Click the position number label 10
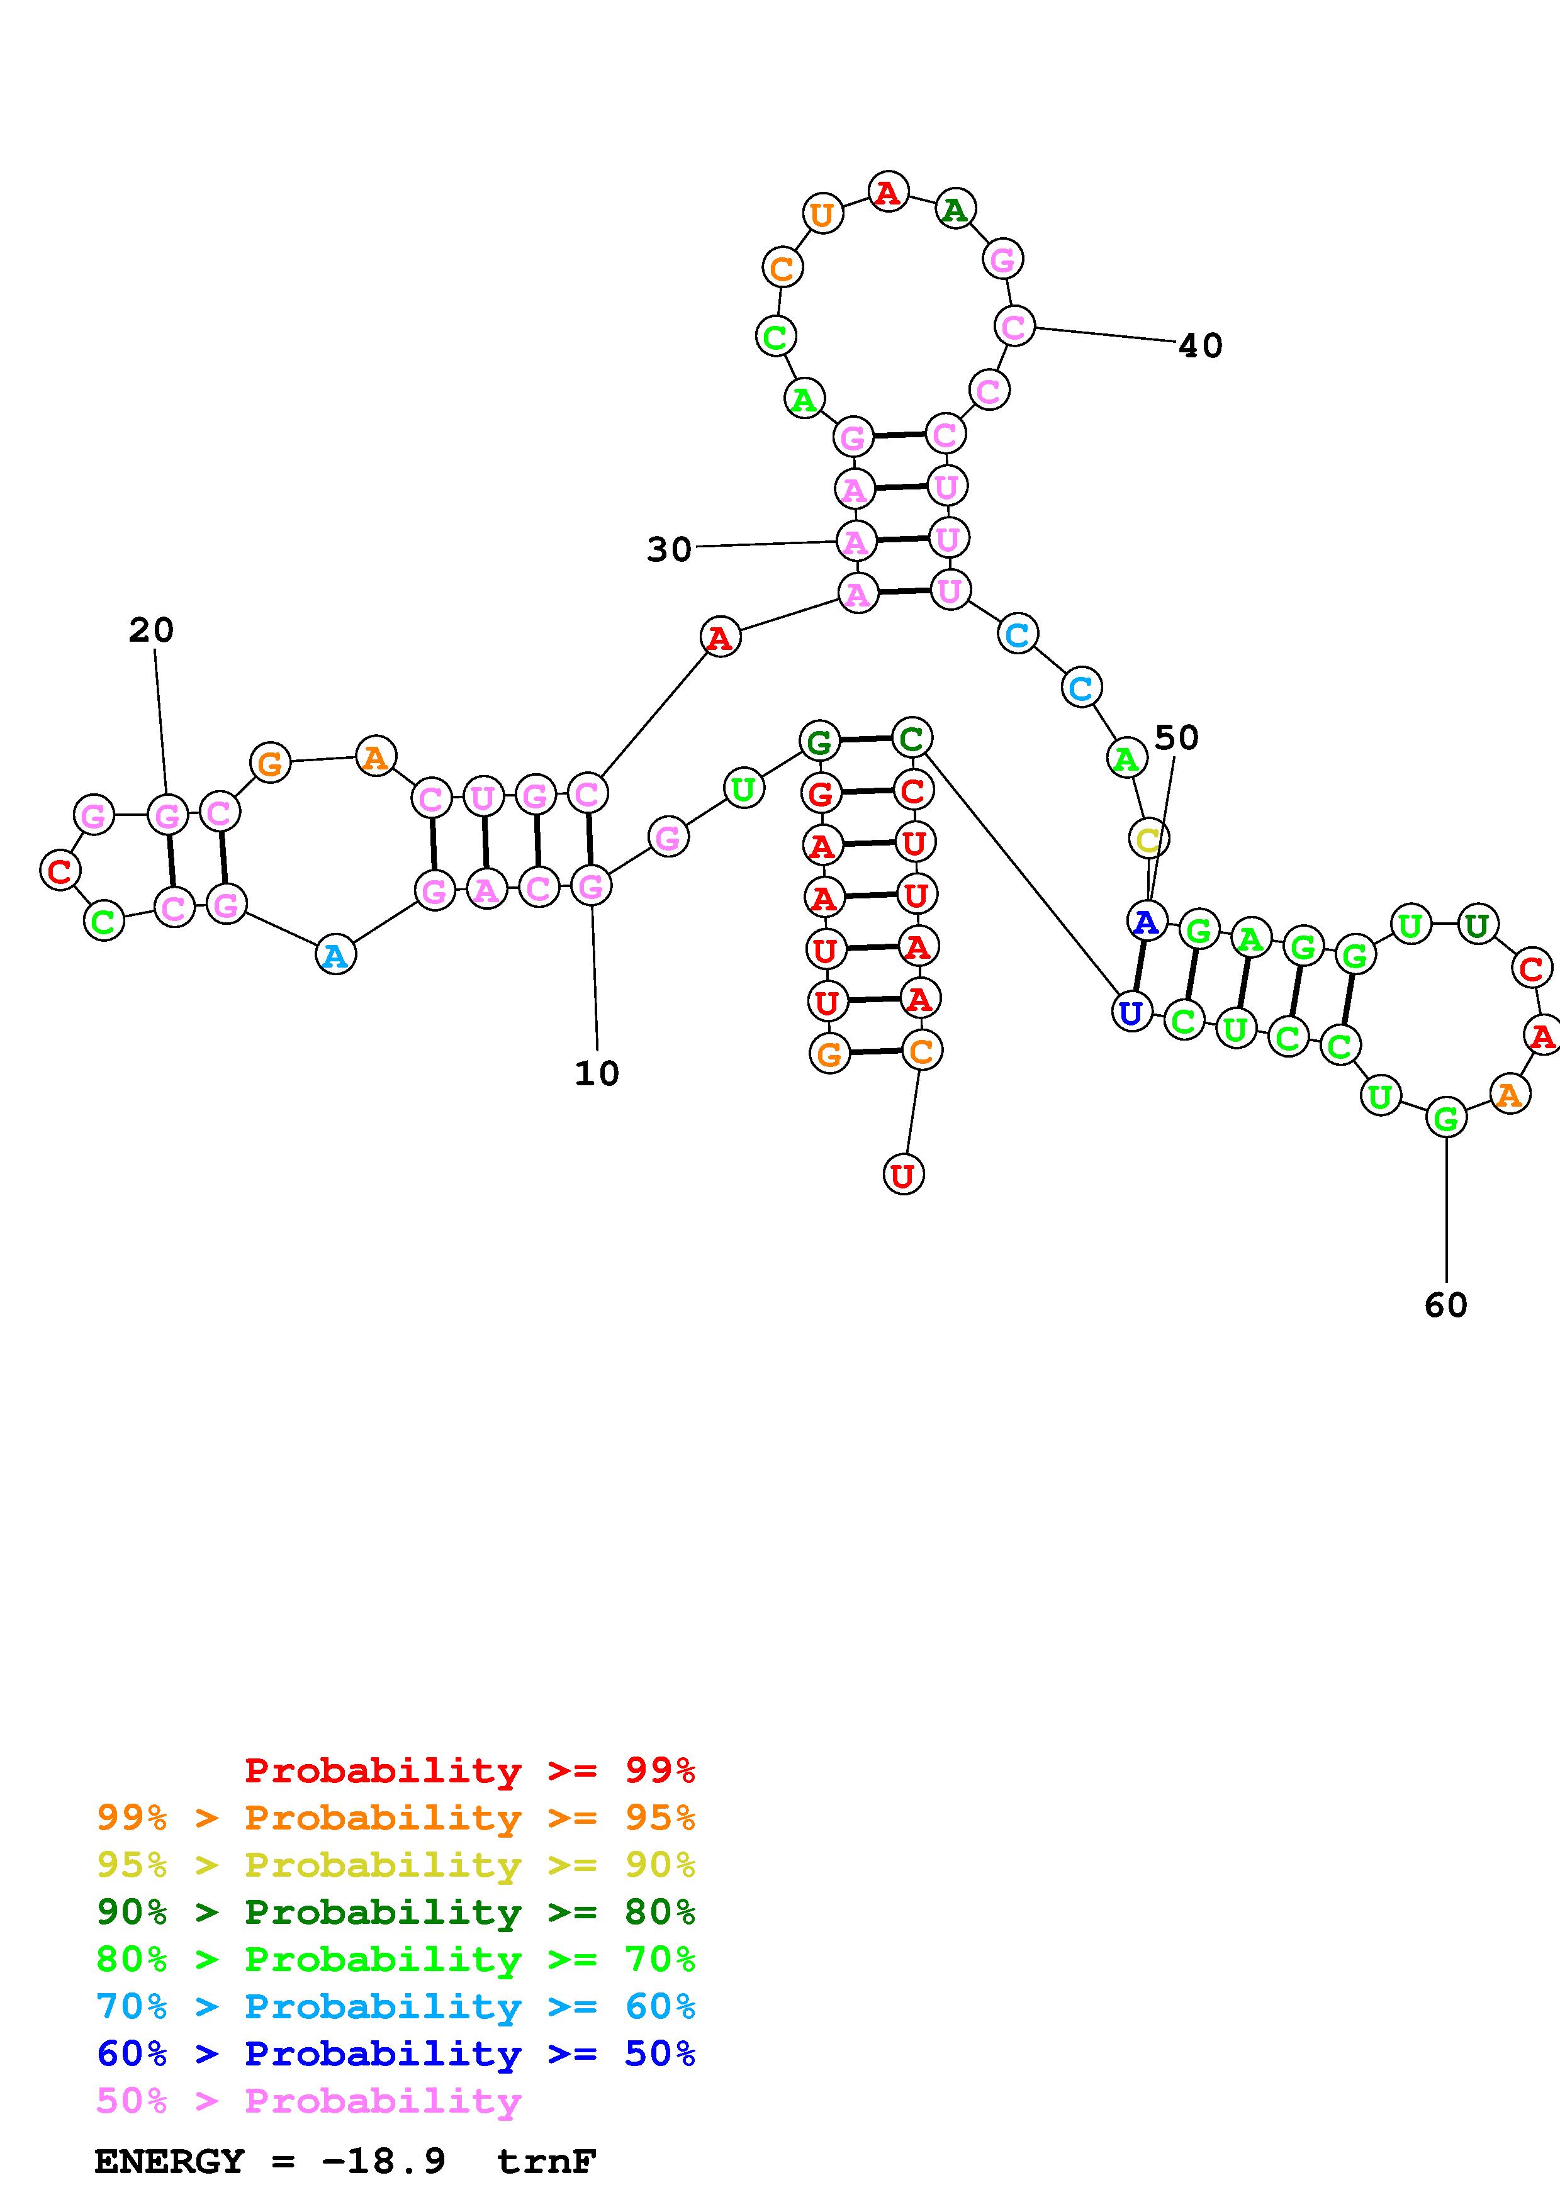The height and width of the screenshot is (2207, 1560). click(597, 1074)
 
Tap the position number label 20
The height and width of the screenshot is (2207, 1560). click(152, 630)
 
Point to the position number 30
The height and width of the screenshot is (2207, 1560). click(669, 550)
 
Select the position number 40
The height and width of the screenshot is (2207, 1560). click(1201, 346)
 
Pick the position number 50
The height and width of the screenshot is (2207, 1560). click(1177, 738)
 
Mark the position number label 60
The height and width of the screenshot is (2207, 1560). click(1445, 1305)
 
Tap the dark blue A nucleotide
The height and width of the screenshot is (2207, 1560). click(1146, 921)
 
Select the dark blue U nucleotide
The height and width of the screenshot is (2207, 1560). click(1131, 1012)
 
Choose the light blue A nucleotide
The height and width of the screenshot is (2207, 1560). click(335, 956)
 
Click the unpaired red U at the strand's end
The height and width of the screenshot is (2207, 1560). click(902, 1175)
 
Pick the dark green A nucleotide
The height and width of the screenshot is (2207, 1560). click(955, 209)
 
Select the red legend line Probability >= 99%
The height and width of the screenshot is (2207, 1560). click(470, 1770)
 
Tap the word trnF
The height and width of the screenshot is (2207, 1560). click(547, 2162)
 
